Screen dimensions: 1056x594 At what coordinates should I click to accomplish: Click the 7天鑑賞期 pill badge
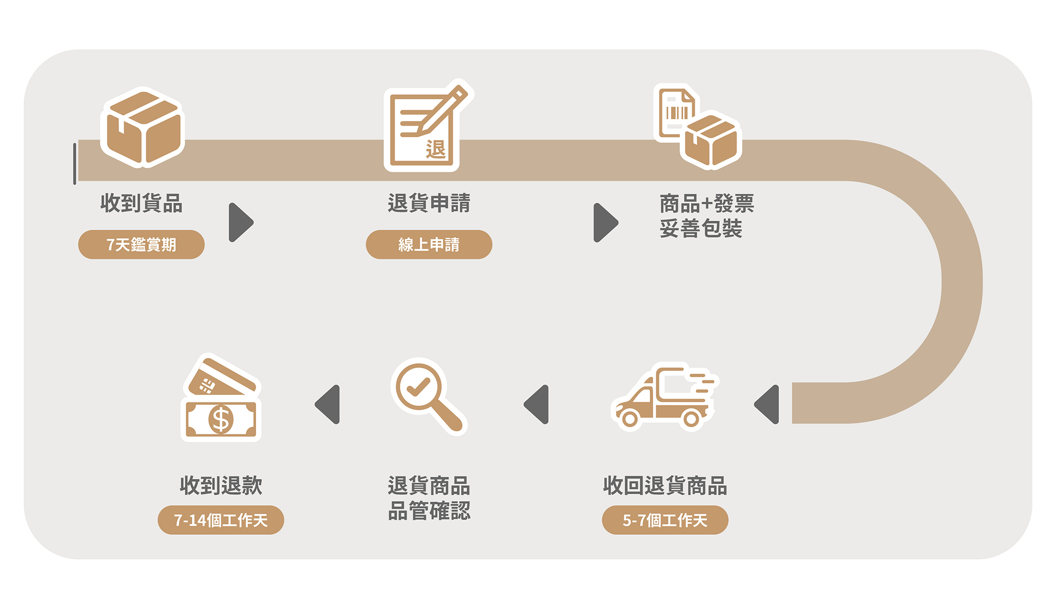[141, 244]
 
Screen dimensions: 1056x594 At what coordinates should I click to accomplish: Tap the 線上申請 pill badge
[429, 244]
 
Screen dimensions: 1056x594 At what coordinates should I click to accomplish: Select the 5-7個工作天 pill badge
[665, 520]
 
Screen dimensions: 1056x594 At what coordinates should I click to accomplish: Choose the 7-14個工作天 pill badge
[221, 520]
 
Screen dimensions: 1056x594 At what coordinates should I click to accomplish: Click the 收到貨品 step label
[142, 203]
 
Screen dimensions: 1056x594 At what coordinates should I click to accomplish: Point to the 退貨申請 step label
[429, 203]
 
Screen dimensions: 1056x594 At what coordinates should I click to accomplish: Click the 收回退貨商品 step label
[665, 486]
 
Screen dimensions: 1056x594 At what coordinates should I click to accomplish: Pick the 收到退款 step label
[221, 486]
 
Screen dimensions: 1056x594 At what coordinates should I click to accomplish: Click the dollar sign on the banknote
[221, 420]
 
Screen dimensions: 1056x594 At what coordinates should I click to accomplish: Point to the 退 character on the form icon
[436, 149]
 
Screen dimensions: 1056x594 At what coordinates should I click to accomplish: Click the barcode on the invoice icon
[676, 112]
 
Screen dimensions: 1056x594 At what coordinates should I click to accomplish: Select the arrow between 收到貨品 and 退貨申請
[241, 222]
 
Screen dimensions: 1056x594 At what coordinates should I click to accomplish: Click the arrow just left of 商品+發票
[605, 222]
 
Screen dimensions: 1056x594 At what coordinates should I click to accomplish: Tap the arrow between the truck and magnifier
[537, 404]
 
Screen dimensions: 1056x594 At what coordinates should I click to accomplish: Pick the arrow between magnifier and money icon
[328, 404]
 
